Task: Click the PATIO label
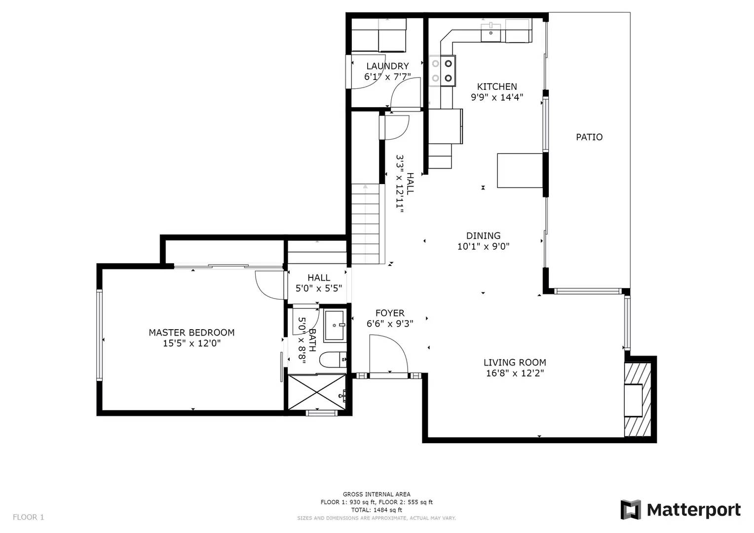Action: [x=589, y=137]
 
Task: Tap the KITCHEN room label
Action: [x=497, y=87]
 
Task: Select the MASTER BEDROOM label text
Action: [x=191, y=333]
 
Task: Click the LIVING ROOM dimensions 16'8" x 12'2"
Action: [x=515, y=374]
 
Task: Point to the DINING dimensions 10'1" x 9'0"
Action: [x=483, y=247]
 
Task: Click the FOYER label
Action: [x=390, y=313]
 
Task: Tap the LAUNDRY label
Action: [x=387, y=66]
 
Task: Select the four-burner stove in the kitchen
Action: [x=442, y=71]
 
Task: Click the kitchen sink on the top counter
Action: [x=491, y=33]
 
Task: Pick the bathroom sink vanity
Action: [x=336, y=326]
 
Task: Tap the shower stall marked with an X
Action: [x=317, y=392]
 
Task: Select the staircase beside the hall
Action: [x=366, y=225]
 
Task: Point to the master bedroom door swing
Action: [x=269, y=284]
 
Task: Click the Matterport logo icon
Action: [x=631, y=509]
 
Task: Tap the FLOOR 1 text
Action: [x=28, y=517]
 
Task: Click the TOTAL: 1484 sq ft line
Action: [x=377, y=510]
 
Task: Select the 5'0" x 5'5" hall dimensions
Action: [x=318, y=289]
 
